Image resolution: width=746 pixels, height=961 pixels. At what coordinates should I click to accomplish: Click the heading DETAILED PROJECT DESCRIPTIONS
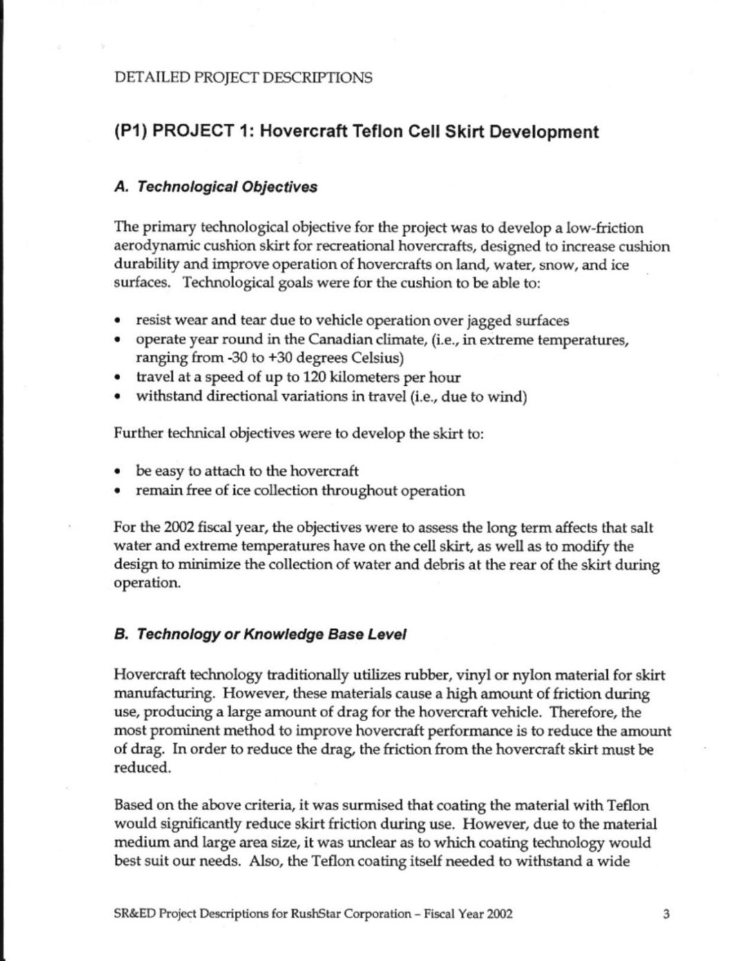coord(242,77)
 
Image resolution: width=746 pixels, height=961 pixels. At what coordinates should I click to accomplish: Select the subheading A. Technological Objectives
coord(215,187)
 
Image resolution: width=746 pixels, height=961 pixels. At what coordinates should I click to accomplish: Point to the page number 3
coord(666,914)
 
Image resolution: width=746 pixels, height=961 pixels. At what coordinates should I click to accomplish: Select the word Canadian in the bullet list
coord(345,340)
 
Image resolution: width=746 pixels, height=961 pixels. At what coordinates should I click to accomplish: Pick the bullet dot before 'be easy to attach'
coord(119,472)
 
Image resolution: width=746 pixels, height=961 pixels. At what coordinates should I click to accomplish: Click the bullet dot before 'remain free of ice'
coord(119,492)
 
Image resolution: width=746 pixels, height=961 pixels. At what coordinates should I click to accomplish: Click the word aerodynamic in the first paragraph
coord(153,246)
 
